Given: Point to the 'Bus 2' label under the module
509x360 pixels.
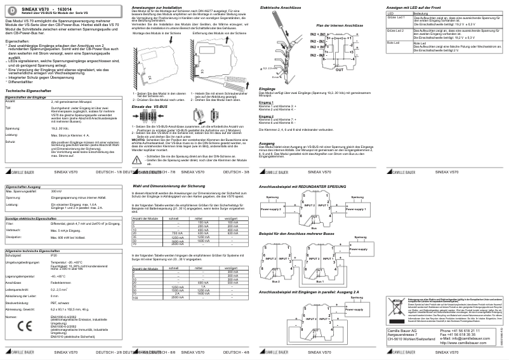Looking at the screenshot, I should pyautogui.click(x=274, y=281).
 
